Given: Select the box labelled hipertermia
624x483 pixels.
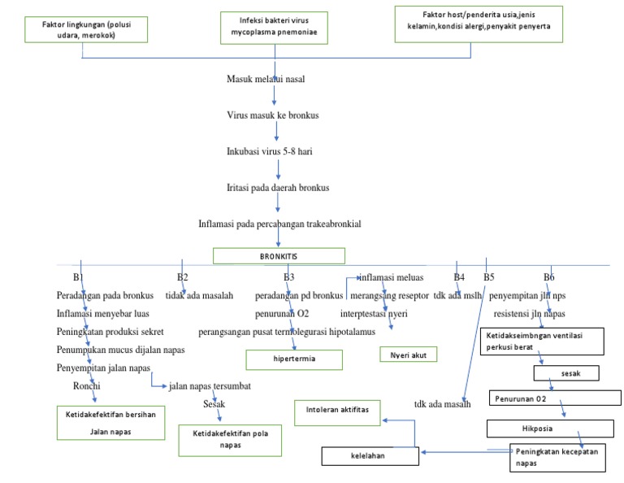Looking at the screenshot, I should (x=294, y=359).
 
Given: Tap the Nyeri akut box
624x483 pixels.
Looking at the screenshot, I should (x=408, y=355).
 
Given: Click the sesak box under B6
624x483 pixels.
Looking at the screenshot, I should (x=565, y=373).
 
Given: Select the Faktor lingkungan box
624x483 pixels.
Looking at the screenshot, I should (x=82, y=31).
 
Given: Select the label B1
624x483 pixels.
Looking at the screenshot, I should (x=78, y=278).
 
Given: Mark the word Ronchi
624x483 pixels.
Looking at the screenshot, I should (x=86, y=385).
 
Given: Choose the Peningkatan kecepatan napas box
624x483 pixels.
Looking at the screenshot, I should (x=557, y=457).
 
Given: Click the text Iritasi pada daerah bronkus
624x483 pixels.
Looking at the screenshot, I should (x=277, y=188).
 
